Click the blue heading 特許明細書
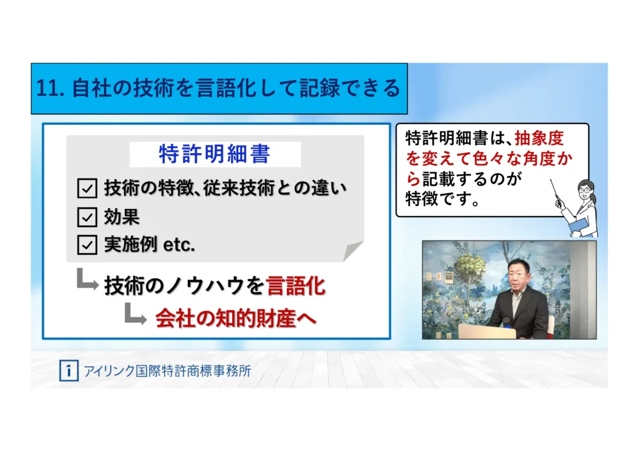tap(215, 154)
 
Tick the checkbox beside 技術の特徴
tap(87, 189)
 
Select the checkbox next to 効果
tap(87, 217)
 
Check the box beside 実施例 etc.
tap(87, 245)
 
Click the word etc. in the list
tap(179, 245)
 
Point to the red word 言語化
tap(296, 286)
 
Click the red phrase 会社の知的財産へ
tap(236, 318)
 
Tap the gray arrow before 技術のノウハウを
tap(87, 280)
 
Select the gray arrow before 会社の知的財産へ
tap(135, 314)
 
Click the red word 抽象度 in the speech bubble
tap(540, 139)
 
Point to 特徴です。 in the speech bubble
tap(442, 199)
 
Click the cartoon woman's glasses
tap(585, 190)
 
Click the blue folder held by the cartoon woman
tap(578, 225)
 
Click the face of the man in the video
tap(519, 277)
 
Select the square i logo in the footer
tap(69, 370)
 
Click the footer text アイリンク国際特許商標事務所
tap(167, 371)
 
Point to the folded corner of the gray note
tap(353, 250)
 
